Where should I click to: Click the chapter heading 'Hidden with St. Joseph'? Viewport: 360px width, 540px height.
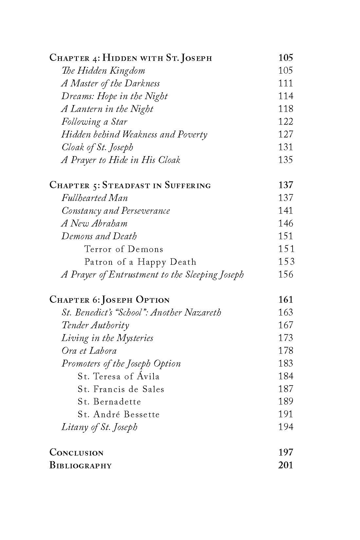(157, 58)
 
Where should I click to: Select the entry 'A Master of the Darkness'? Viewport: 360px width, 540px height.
(110, 83)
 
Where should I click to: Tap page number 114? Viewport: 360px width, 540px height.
(285, 96)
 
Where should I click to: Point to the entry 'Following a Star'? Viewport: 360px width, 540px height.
(94, 122)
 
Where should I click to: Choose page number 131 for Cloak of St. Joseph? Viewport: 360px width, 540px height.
(285, 147)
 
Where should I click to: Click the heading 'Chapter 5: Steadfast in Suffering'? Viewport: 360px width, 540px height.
(130, 185)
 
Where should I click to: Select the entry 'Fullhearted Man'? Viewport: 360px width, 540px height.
(95, 198)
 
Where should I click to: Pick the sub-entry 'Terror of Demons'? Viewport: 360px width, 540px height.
(124, 249)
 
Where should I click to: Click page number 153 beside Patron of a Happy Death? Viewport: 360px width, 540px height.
(286, 262)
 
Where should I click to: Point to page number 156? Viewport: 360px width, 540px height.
(285, 275)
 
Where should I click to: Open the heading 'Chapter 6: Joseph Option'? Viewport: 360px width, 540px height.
(109, 300)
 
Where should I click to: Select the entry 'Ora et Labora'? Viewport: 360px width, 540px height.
(89, 351)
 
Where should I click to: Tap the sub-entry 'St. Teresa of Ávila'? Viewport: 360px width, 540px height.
(118, 376)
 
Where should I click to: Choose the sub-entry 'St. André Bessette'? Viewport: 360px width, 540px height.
(118, 415)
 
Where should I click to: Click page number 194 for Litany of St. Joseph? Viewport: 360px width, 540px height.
(285, 427)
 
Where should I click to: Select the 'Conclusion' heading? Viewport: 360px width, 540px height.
(76, 453)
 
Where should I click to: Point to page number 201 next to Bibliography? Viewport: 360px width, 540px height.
(285, 465)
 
